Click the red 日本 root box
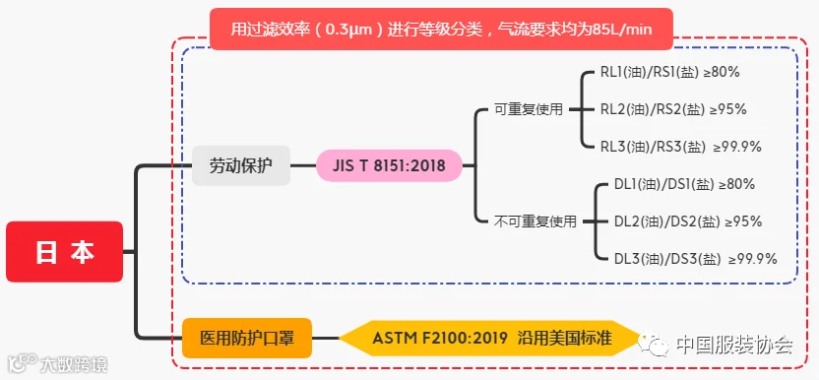[x=65, y=251]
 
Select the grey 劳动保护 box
[x=241, y=165]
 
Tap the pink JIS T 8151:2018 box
[x=389, y=165]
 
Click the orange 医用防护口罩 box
[x=247, y=339]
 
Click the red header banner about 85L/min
[x=441, y=29]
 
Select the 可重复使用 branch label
[x=529, y=109]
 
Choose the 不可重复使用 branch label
[x=535, y=222]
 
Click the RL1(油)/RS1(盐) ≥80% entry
[x=670, y=73]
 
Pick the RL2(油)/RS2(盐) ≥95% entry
[x=673, y=109]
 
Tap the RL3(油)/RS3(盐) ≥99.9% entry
[x=680, y=148]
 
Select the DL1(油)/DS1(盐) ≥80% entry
[x=685, y=184]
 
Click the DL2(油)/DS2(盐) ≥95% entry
[x=688, y=222]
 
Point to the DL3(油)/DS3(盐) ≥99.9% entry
[x=696, y=259]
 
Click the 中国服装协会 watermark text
[x=735, y=345]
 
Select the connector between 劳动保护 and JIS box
[x=303, y=165]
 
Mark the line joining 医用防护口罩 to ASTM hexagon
[x=326, y=339]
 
